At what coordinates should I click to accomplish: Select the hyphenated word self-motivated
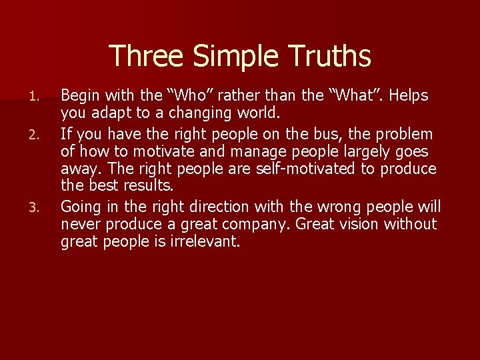[307, 169]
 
